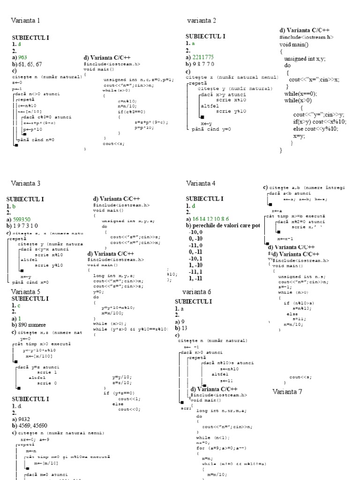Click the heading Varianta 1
(x=25, y=21)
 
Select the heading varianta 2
(x=202, y=21)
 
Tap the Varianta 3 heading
(x=26, y=183)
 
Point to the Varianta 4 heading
(x=201, y=183)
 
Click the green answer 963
(x=24, y=57)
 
